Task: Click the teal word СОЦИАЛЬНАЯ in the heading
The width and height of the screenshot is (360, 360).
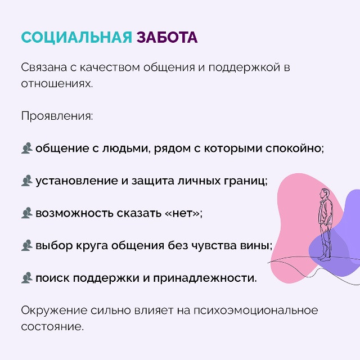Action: pyautogui.click(x=76, y=37)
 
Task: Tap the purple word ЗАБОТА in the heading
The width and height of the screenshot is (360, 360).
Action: pyautogui.click(x=167, y=37)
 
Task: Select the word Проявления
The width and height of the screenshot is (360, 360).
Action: pyautogui.click(x=57, y=116)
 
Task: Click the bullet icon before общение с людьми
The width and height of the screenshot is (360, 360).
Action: pyautogui.click(x=27, y=148)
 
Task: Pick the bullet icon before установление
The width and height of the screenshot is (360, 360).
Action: pyautogui.click(x=27, y=181)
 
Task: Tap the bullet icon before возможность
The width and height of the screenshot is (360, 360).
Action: pyautogui.click(x=27, y=213)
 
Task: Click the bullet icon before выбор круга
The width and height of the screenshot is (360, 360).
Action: pyautogui.click(x=27, y=245)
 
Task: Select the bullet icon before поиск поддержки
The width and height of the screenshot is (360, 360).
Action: pyautogui.click(x=27, y=277)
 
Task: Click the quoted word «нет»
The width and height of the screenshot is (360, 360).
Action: pyautogui.click(x=182, y=214)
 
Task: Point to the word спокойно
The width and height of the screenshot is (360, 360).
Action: pyautogui.click(x=294, y=148)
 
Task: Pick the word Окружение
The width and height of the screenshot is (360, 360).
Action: pyautogui.click(x=54, y=310)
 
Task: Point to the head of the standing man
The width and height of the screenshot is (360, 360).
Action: pyautogui.click(x=325, y=193)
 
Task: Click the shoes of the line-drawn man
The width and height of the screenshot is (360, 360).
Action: pyautogui.click(x=325, y=258)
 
